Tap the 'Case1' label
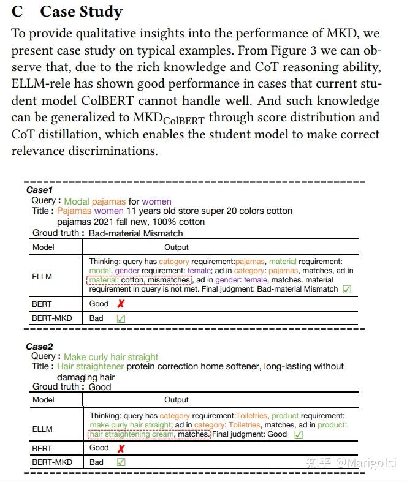click(x=40, y=190)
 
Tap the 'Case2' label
click(x=40, y=347)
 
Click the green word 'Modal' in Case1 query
click(x=77, y=201)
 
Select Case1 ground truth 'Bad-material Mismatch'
click(x=135, y=233)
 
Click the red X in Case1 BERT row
click(x=121, y=304)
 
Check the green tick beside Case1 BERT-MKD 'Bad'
click(x=121, y=318)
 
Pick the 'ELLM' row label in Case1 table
click(x=42, y=276)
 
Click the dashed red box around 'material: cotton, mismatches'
click(x=140, y=280)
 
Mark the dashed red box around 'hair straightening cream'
click(x=149, y=434)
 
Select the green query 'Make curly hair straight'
click(x=111, y=357)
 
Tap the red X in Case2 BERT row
click(x=121, y=448)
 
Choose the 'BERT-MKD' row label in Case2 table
click(x=52, y=462)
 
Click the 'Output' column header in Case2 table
click(x=177, y=400)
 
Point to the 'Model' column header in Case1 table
click(x=44, y=247)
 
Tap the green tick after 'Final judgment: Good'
click(x=299, y=434)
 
